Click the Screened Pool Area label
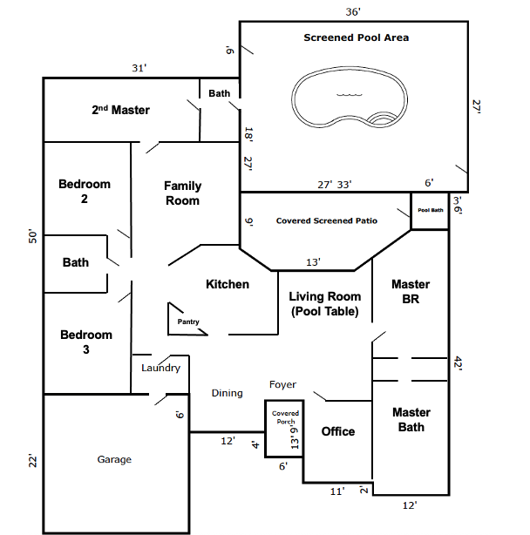(357, 37)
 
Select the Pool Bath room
(430, 211)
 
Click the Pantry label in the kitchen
(188, 322)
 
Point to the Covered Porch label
(285, 417)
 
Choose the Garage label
(114, 459)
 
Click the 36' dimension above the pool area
(353, 12)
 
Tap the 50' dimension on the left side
(32, 236)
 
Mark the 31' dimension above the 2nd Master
(139, 68)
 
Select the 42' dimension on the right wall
(458, 363)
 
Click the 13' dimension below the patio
(313, 262)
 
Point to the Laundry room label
(160, 368)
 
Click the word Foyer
(282, 385)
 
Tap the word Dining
(227, 393)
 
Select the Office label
(338, 431)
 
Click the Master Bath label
(411, 420)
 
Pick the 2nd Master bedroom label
(120, 110)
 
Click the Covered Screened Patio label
(327, 220)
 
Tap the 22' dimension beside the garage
(32, 461)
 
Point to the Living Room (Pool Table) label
(325, 304)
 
